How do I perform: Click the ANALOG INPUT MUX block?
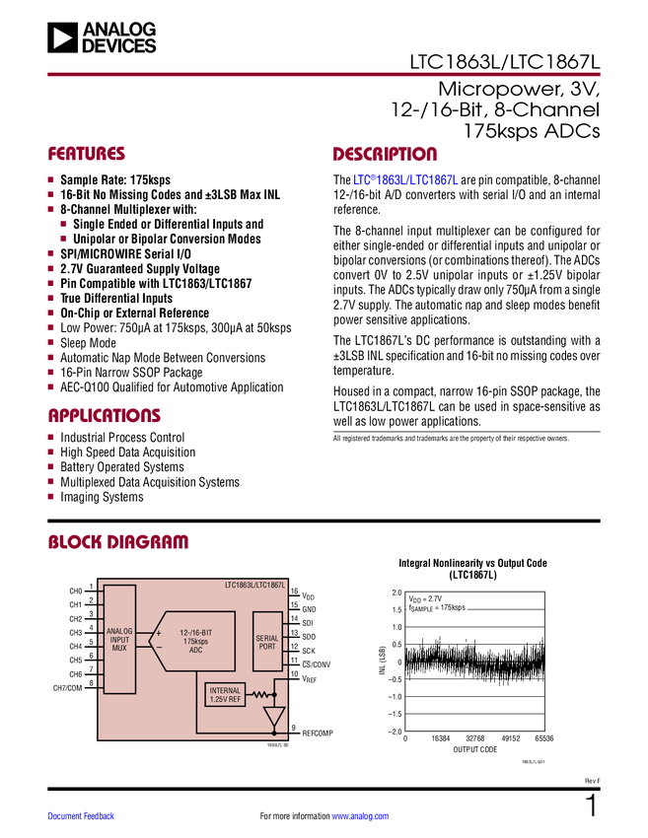coord(119,639)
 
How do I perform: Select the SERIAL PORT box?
coord(267,640)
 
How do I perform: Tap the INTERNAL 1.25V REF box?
coord(225,694)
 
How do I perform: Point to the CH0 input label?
coord(76,592)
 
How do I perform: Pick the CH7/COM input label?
coord(68,687)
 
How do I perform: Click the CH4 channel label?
coord(76,647)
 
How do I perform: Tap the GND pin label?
coord(309,610)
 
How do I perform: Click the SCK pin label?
coord(309,651)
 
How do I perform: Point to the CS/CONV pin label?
coord(317,664)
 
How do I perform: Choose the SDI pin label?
coord(309,623)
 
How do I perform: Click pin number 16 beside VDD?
coord(294,592)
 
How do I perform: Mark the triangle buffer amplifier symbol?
coord(274,716)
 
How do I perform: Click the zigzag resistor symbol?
coord(260,693)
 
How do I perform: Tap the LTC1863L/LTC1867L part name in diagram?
coord(254,585)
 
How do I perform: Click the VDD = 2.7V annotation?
coord(427,598)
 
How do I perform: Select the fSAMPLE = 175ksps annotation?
coord(436,608)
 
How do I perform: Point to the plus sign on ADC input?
coord(159,632)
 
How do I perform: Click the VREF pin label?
coord(310,680)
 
